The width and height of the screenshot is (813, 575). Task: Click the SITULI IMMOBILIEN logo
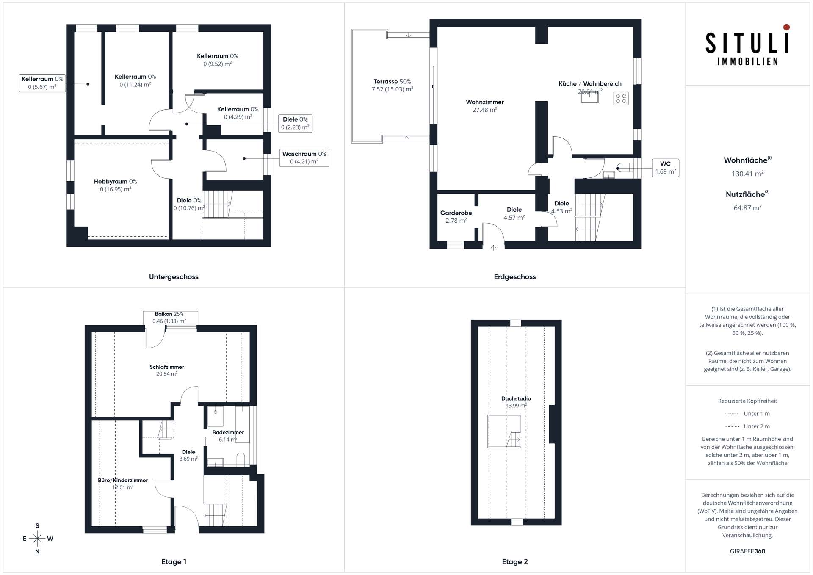(x=747, y=45)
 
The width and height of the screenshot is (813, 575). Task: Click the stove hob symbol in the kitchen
(x=621, y=99)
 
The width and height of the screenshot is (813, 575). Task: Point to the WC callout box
(x=665, y=168)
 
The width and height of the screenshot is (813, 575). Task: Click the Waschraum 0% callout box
(x=304, y=158)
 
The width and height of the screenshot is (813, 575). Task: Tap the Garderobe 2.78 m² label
(x=456, y=217)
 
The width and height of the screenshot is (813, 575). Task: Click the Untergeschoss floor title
(x=174, y=277)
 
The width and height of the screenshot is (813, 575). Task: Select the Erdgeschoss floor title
(x=515, y=277)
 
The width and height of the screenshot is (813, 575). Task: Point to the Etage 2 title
(x=515, y=562)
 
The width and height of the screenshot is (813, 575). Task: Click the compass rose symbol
(x=37, y=539)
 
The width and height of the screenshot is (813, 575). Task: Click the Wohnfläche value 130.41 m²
(x=748, y=174)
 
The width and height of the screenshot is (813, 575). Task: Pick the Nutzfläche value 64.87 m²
(x=748, y=208)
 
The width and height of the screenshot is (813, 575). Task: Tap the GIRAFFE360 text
(x=748, y=551)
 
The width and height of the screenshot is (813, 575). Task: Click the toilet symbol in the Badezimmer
(x=241, y=459)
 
